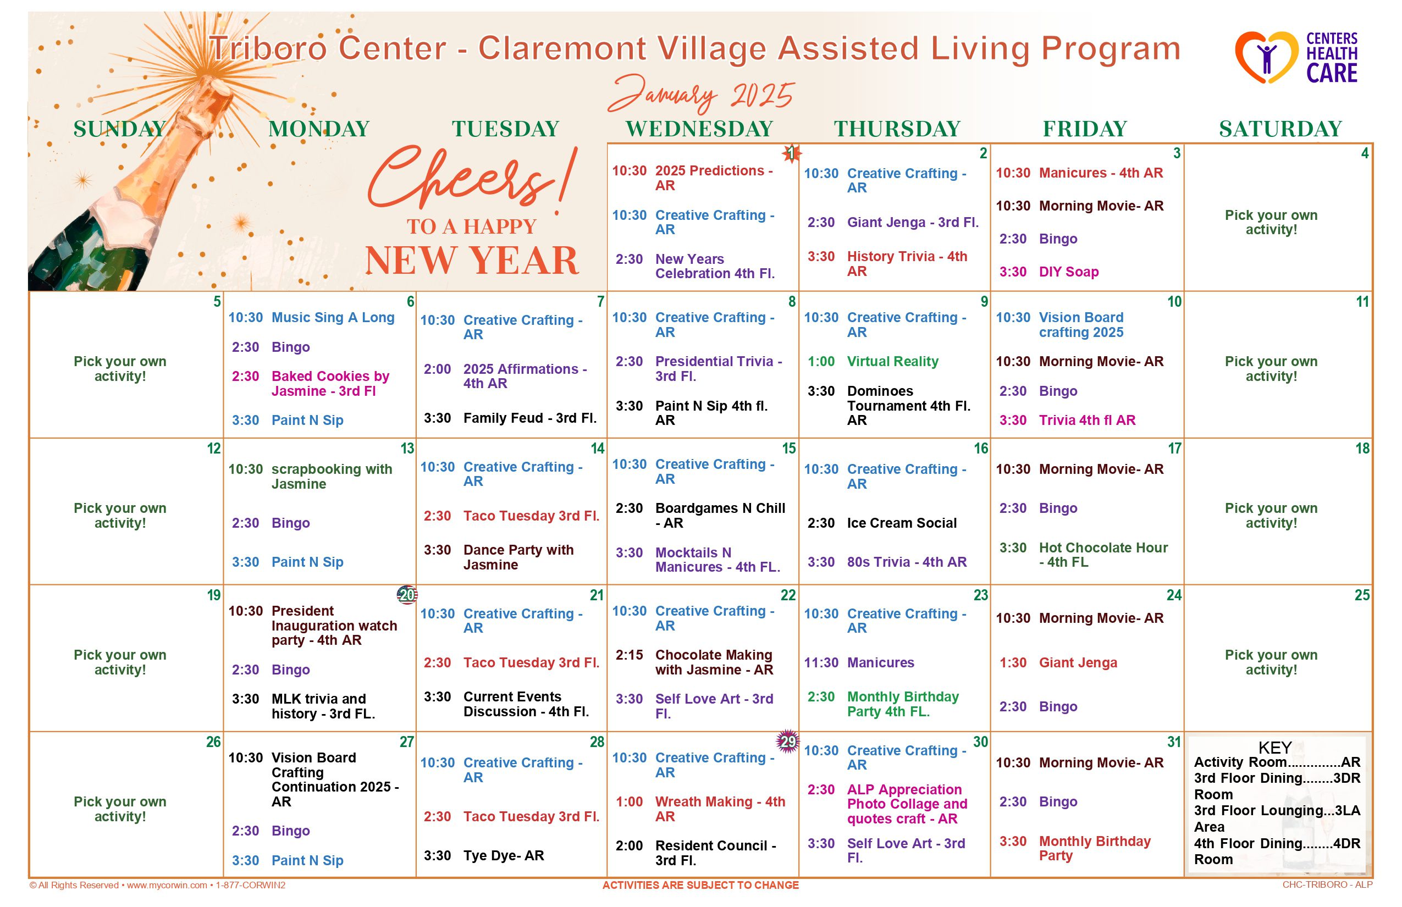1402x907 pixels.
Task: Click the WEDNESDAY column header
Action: [699, 129]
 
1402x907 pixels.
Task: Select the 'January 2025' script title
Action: [701, 94]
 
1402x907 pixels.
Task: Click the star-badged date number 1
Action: [791, 154]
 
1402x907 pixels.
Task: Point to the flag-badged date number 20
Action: [407, 595]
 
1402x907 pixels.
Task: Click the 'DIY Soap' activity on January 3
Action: [1069, 272]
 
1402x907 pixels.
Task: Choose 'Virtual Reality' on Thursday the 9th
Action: [892, 362]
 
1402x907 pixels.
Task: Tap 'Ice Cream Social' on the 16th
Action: [901, 523]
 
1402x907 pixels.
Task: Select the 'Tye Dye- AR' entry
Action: [503, 856]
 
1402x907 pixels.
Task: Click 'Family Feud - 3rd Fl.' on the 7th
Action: [529, 418]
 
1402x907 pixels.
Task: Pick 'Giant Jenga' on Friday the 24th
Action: [1078, 662]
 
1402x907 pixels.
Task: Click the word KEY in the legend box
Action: [1275, 748]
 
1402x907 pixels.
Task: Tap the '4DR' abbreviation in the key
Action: [1346, 843]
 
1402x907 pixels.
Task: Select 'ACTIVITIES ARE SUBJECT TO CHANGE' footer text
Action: [700, 885]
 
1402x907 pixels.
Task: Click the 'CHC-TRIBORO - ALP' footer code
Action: [1327, 885]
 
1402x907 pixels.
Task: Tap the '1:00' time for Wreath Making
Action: [629, 802]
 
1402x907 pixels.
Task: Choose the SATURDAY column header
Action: [1280, 129]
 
